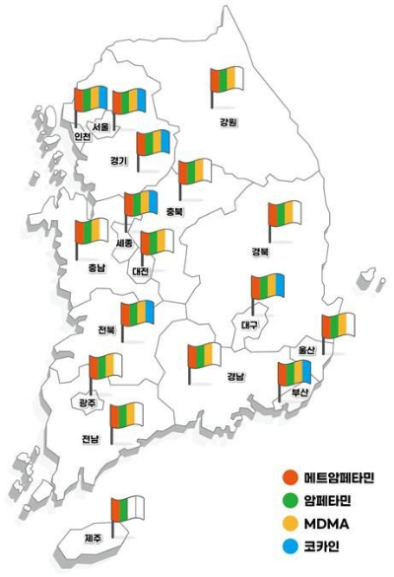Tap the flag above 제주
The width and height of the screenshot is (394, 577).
pyautogui.click(x=128, y=511)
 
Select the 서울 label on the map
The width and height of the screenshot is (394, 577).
pyautogui.click(x=100, y=127)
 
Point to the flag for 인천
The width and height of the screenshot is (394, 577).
pyautogui.click(x=92, y=101)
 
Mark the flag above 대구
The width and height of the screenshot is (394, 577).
pyautogui.click(x=268, y=288)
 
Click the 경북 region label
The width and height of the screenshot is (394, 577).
pyautogui.click(x=261, y=252)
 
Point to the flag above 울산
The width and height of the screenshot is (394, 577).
pyautogui.click(x=339, y=326)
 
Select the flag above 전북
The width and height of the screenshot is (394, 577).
pyautogui.click(x=138, y=314)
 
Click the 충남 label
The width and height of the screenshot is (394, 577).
pyautogui.click(x=95, y=267)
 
